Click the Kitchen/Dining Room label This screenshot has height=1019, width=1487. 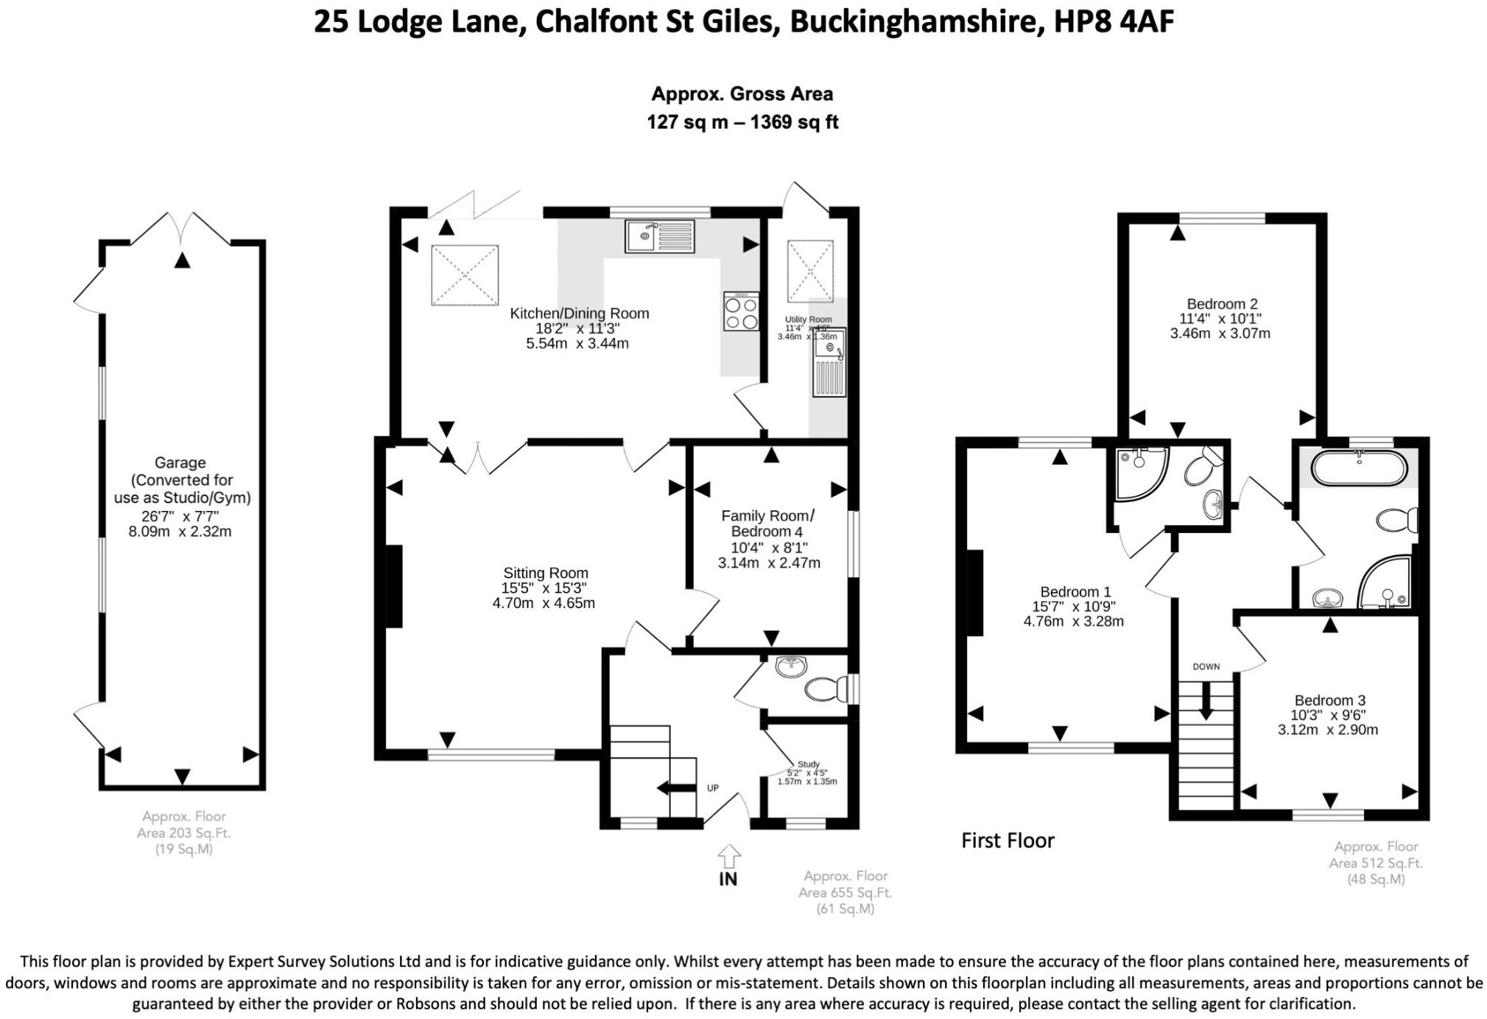pyautogui.click(x=579, y=314)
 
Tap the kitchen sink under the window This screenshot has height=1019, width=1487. pyautogui.click(x=659, y=236)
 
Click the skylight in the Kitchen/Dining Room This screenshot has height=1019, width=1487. pyautogui.click(x=465, y=275)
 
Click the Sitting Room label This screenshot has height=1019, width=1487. pyautogui.click(x=545, y=573)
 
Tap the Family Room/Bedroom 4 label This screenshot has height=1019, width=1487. pyautogui.click(x=767, y=523)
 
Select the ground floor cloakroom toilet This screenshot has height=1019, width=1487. pyautogui.click(x=824, y=690)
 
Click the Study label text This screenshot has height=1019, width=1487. pyautogui.click(x=808, y=764)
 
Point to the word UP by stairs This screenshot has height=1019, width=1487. pyautogui.click(x=712, y=788)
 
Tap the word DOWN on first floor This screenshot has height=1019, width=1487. pyautogui.click(x=1206, y=666)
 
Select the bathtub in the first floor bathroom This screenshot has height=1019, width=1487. pyautogui.click(x=1359, y=468)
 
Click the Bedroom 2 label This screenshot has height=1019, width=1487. pyautogui.click(x=1221, y=303)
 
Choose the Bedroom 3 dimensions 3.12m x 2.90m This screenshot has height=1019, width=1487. pyautogui.click(x=1327, y=730)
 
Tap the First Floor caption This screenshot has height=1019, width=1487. pyautogui.click(x=1007, y=840)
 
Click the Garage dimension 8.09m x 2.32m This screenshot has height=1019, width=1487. pyautogui.click(x=180, y=532)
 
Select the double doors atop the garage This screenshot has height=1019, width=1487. pyautogui.click(x=181, y=228)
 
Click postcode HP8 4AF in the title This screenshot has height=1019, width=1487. pyautogui.click(x=1114, y=22)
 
